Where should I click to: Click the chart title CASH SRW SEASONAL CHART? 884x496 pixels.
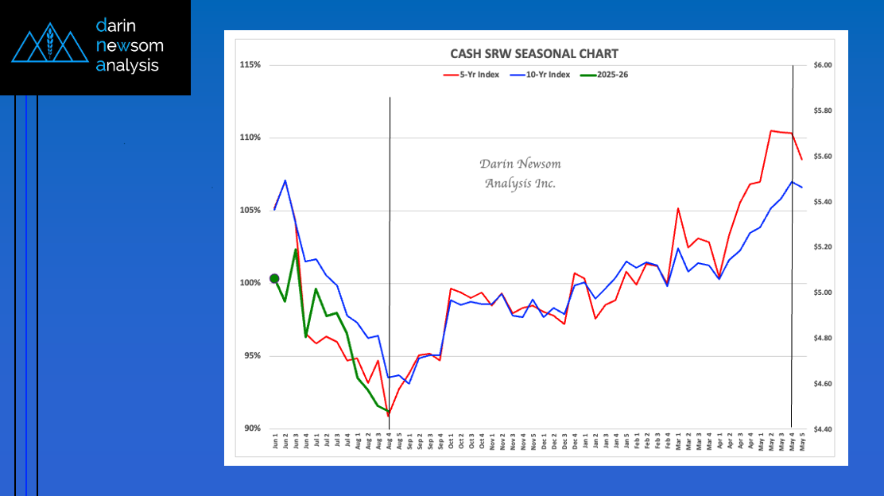tap(533, 54)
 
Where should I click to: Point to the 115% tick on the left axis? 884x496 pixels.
tap(250, 64)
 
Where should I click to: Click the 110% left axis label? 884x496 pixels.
tap(250, 138)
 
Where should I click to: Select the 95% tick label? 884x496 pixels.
tap(251, 356)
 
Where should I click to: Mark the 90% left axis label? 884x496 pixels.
tap(251, 428)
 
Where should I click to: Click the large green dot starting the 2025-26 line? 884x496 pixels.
tap(274, 278)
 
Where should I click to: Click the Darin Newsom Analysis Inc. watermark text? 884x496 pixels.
tap(520, 173)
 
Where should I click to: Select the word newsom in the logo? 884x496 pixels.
tap(130, 46)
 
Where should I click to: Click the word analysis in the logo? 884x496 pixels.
tap(127, 66)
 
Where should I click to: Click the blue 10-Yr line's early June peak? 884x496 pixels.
tap(285, 180)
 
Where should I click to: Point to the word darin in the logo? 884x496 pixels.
tap(116, 25)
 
